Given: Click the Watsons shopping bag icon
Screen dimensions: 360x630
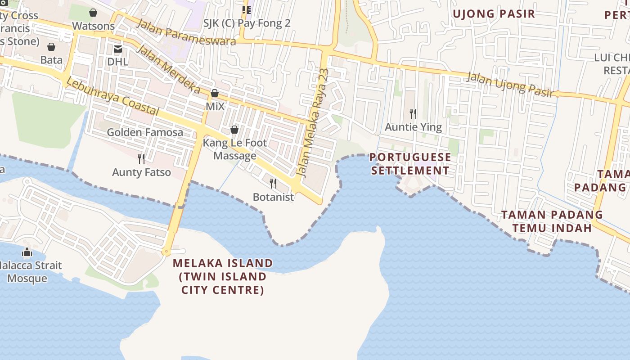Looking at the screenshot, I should [x=93, y=13].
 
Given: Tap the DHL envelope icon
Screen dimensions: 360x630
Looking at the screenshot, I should [x=118, y=49].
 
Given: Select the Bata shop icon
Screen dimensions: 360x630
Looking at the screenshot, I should [x=51, y=47].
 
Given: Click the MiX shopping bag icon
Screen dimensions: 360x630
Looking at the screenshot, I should [x=215, y=93].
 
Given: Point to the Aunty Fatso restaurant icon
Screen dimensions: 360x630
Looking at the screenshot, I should [x=141, y=158].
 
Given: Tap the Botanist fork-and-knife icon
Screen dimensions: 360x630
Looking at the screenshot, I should [x=273, y=184].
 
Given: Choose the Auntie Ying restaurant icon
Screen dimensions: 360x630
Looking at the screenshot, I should [x=413, y=113].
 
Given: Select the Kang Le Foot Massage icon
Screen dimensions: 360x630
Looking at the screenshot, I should [x=234, y=130].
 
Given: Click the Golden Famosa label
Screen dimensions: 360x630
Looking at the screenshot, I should [x=145, y=132].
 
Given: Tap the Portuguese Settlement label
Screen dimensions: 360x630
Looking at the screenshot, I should [x=410, y=164].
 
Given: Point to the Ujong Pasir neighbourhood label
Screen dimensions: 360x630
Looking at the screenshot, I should [x=494, y=14].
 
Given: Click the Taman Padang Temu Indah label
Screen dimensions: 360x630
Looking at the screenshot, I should [x=552, y=221].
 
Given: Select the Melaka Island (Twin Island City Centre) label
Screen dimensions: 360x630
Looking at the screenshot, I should [x=223, y=276].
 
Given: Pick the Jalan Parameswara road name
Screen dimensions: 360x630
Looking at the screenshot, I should [x=185, y=32].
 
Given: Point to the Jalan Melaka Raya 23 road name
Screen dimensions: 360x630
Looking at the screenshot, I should [x=314, y=122].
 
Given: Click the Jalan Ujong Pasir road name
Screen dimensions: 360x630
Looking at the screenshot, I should [x=509, y=84].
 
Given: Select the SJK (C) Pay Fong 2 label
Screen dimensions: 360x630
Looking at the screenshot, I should [x=247, y=23].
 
